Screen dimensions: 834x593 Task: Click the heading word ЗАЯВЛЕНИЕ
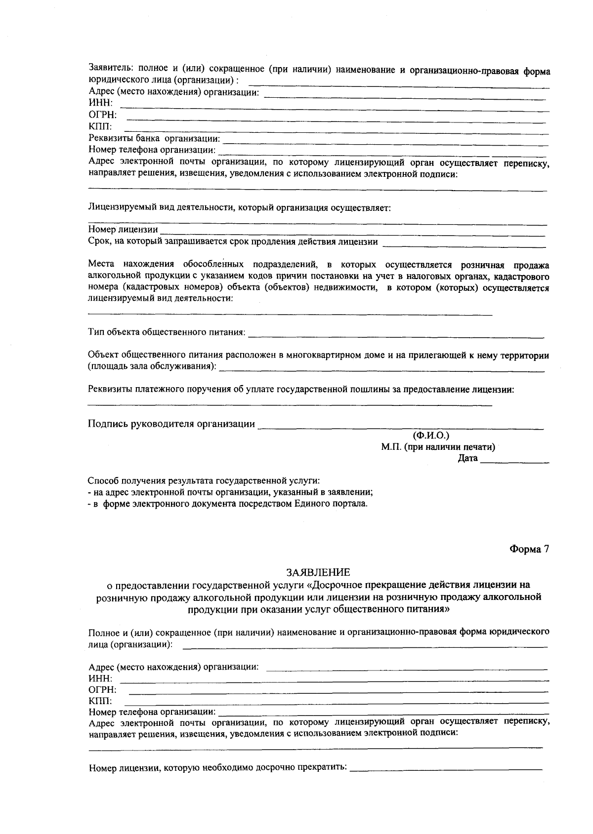[318, 572]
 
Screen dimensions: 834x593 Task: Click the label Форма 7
[529, 549]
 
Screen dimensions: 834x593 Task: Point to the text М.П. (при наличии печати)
[438, 447]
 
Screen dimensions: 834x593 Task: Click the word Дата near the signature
[467, 459]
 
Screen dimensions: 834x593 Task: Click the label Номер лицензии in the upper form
[123, 230]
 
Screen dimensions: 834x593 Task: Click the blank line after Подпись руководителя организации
[400, 426]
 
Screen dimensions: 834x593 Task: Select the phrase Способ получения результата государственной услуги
[204, 480]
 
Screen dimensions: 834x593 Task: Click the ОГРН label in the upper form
[102, 115]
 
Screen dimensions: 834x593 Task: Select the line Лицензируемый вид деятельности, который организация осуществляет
[239, 208]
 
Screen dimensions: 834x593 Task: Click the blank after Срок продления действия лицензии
[464, 243]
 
